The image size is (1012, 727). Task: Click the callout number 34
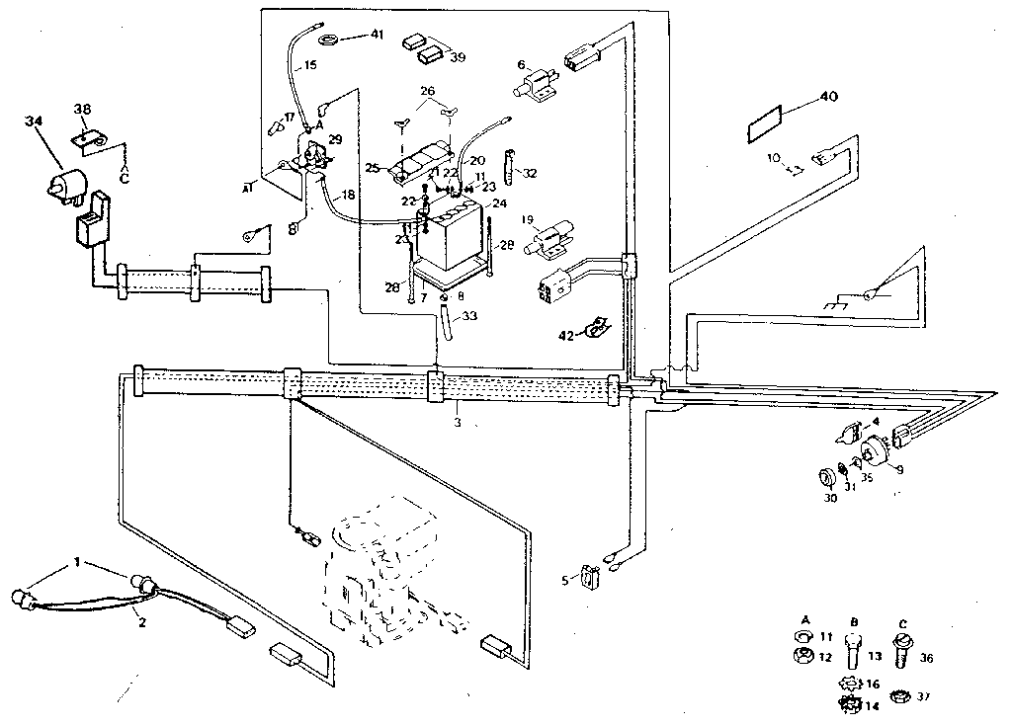click(34, 121)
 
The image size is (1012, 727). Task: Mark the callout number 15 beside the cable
click(309, 66)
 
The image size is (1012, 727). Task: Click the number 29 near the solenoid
click(335, 140)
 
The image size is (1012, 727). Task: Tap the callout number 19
click(528, 219)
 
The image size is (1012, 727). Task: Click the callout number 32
click(531, 173)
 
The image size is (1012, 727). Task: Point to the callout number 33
click(469, 317)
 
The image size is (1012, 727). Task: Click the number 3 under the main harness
click(458, 422)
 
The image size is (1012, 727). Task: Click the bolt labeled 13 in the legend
click(851, 657)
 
